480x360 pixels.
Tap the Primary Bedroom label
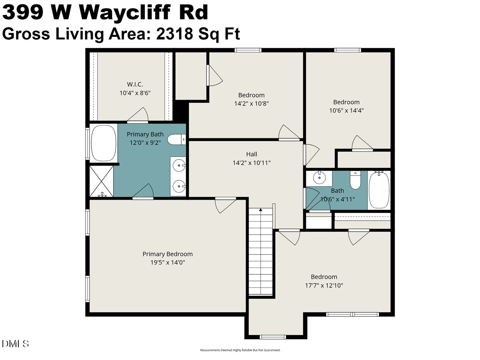168,254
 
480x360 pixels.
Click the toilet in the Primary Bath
176,140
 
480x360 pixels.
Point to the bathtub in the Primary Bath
103,144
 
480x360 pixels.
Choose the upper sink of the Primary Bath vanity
178,164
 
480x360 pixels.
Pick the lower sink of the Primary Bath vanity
178,185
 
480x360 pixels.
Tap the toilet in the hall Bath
356,180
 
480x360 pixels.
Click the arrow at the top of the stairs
261,209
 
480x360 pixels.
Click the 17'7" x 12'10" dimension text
324,286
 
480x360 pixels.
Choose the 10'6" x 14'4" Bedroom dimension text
346,110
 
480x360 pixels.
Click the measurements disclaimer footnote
240,350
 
